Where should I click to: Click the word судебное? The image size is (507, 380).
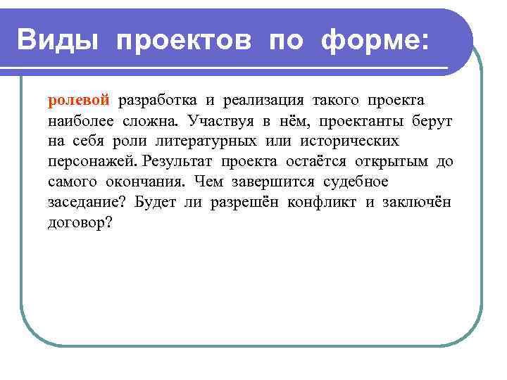pos(356,182)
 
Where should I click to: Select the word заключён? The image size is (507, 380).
pos(417,203)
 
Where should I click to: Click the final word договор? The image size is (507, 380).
pos(80,224)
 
